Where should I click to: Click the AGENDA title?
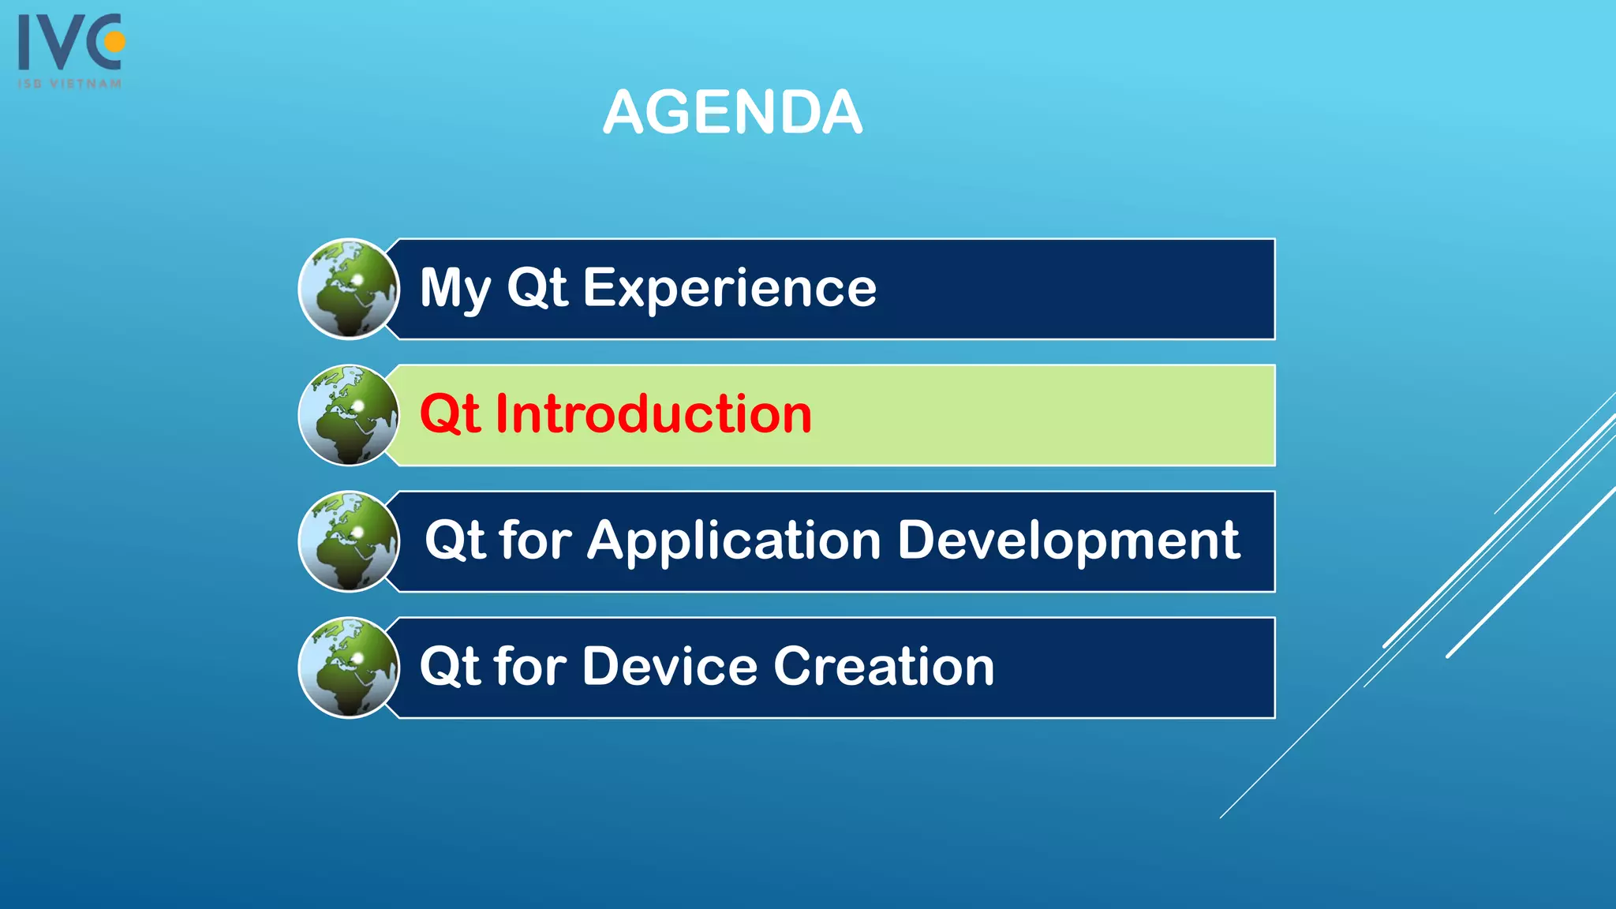point(732,113)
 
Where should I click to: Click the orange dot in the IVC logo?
point(115,42)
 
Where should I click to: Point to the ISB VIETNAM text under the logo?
point(70,84)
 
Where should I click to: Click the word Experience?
point(729,289)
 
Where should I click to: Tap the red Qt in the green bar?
point(449,414)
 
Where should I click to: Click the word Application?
point(734,541)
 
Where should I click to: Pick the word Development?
point(1068,541)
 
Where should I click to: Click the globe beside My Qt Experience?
point(349,289)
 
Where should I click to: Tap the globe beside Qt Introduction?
point(349,415)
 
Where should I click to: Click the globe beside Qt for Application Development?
point(349,541)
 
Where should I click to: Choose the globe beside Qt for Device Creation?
point(349,668)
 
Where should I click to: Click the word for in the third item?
point(535,541)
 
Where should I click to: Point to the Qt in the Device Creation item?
point(449,667)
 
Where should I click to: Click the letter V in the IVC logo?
point(65,43)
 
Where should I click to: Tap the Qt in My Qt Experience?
point(537,289)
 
